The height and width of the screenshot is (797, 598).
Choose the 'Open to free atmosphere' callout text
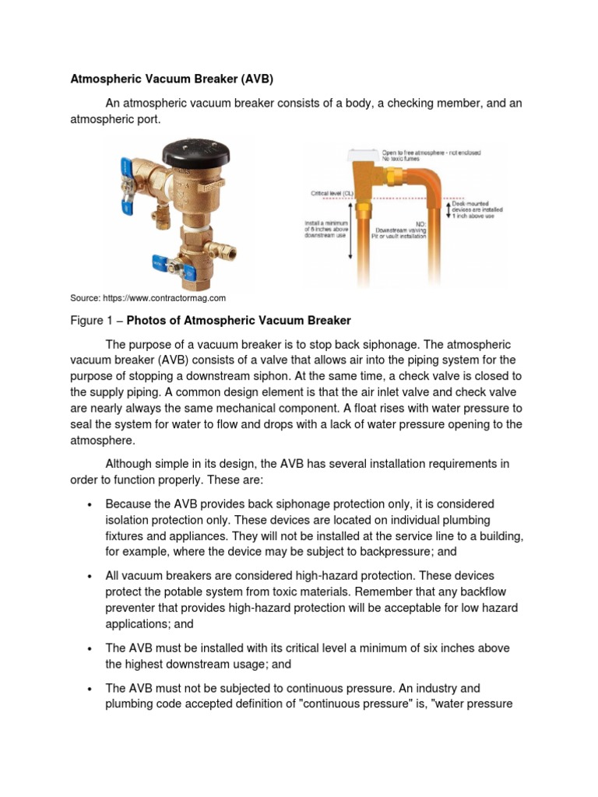[x=431, y=153]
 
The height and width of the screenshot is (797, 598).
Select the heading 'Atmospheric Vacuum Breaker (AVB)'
[x=172, y=79]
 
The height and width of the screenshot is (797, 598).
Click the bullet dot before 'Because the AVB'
[x=91, y=504]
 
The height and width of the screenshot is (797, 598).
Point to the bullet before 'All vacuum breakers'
[x=91, y=576]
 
